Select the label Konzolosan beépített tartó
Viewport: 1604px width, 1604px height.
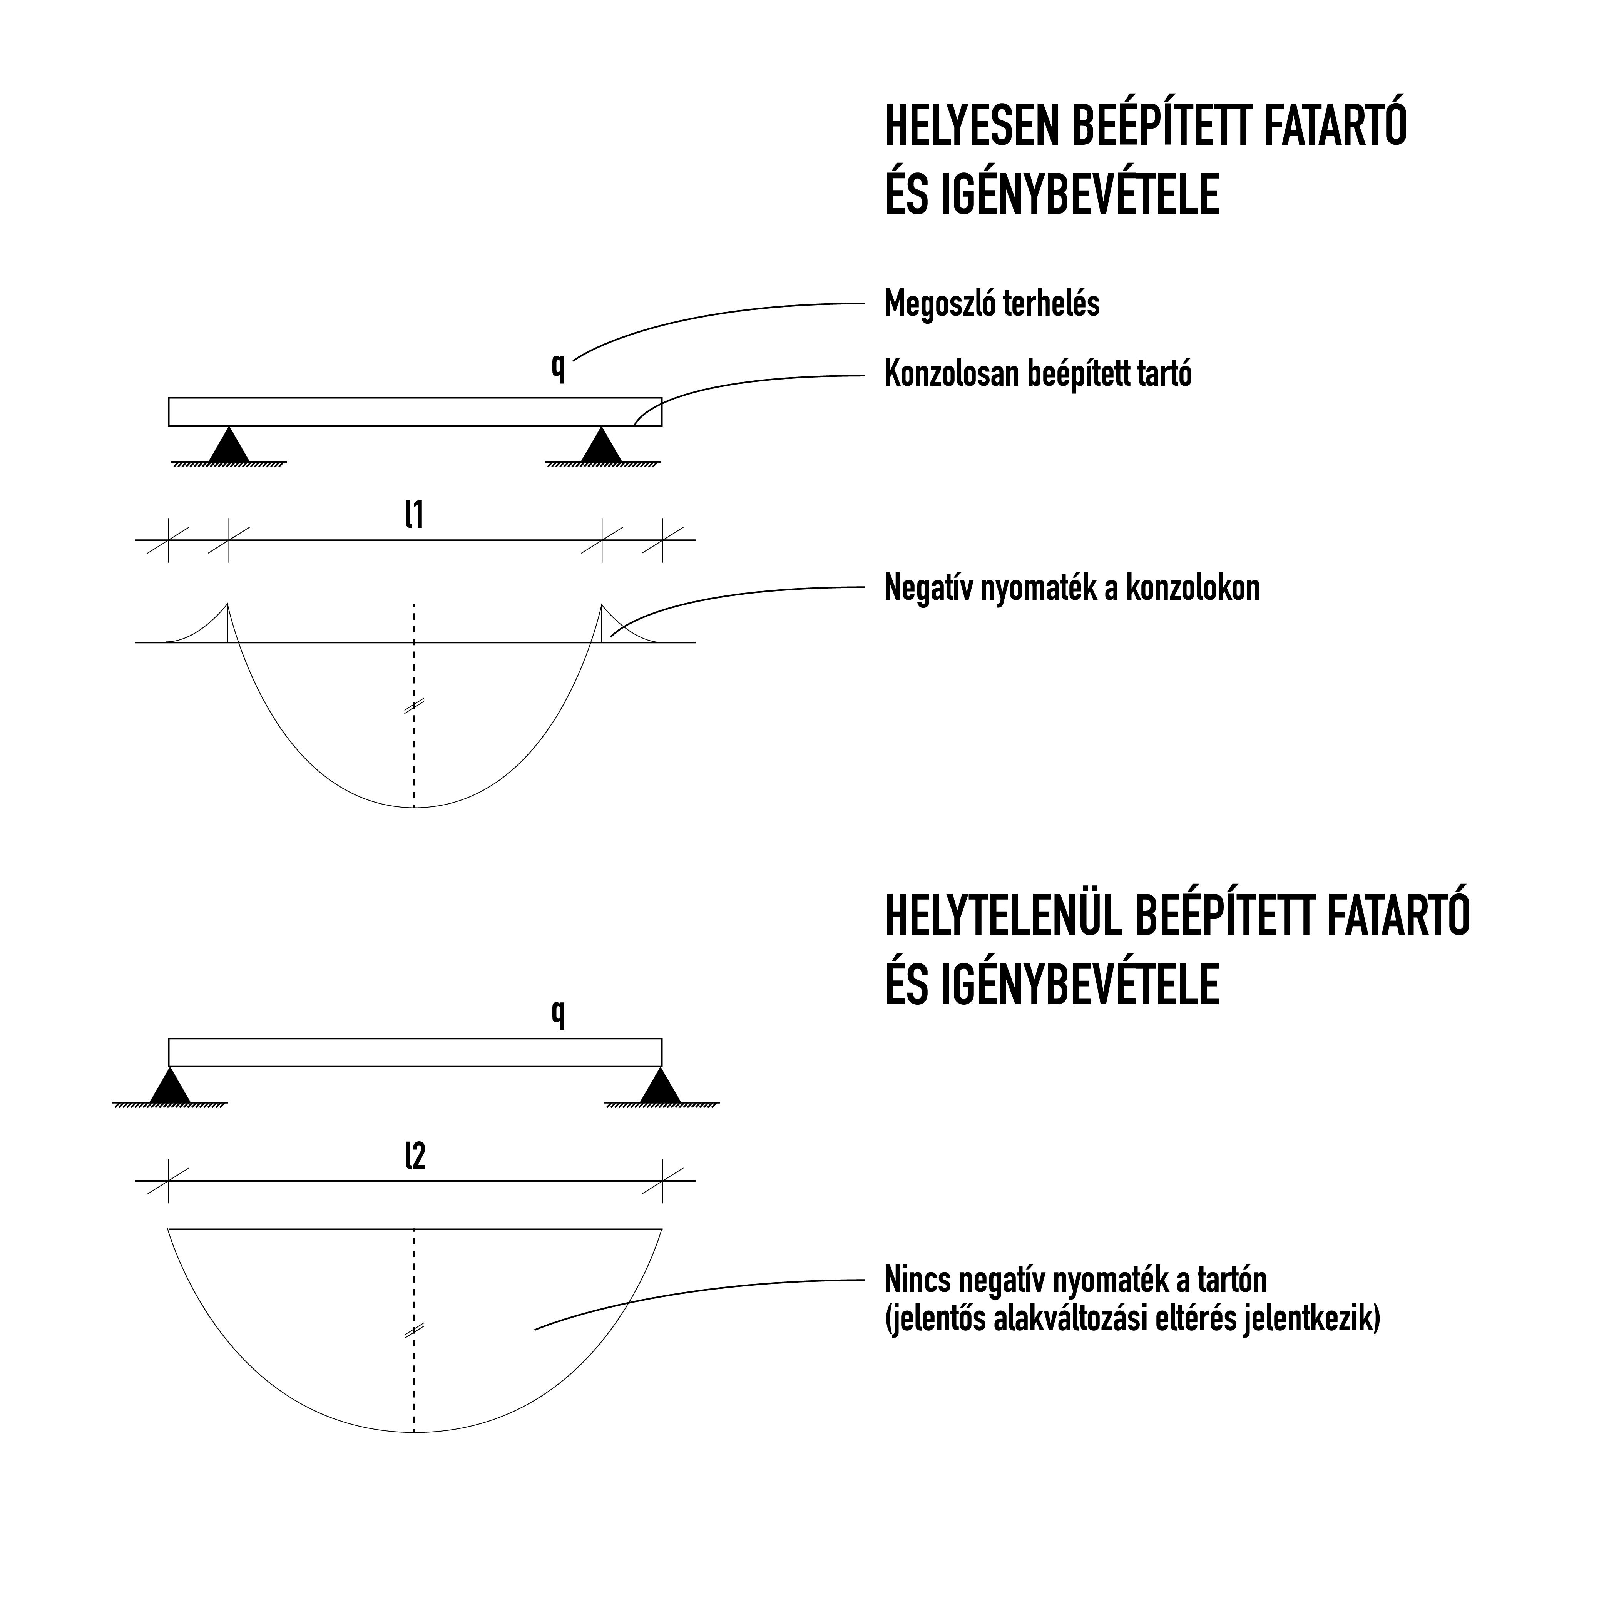click(1038, 375)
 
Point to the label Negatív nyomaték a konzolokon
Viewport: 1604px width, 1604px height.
click(1072, 588)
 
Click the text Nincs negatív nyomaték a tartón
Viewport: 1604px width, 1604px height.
click(1075, 1280)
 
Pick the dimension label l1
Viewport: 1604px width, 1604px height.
click(414, 515)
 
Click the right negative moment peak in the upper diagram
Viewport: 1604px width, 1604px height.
click(602, 604)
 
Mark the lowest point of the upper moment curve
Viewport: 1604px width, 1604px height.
click(414, 807)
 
